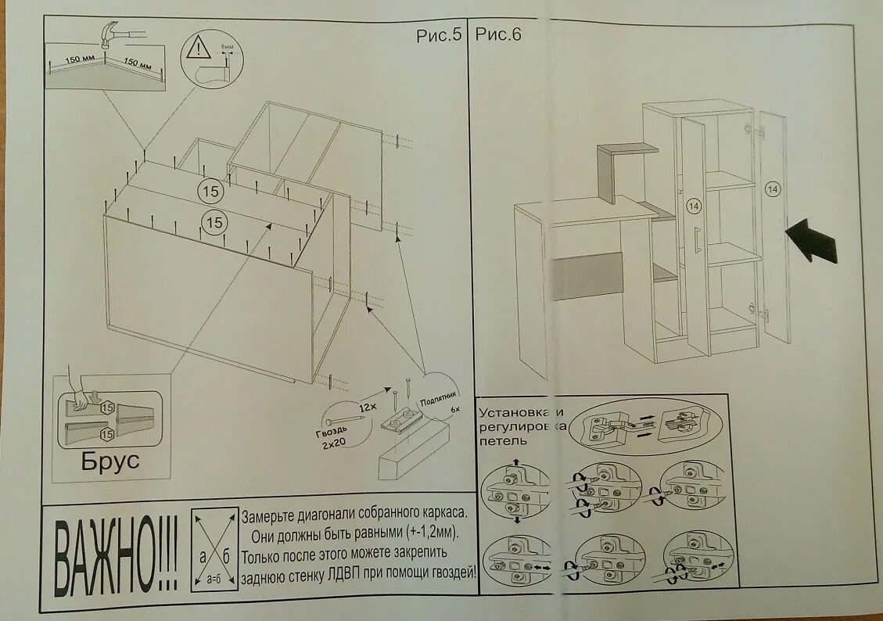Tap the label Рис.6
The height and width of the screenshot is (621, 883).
click(x=498, y=34)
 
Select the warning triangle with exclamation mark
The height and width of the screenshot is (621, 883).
click(x=199, y=50)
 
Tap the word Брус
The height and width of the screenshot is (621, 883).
click(x=110, y=461)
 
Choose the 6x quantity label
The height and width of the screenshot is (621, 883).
click(x=455, y=410)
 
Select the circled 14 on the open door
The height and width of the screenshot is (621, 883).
click(x=773, y=188)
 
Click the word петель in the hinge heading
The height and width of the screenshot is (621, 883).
click(x=502, y=440)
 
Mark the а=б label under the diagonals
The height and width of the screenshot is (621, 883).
click(x=214, y=580)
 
